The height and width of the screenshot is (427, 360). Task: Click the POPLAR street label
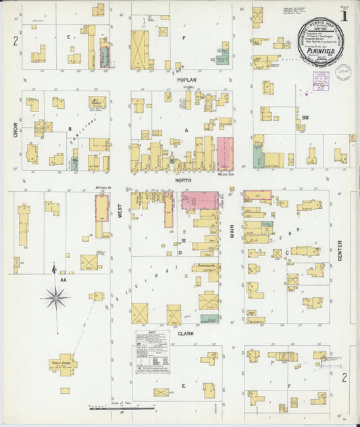click(x=186, y=80)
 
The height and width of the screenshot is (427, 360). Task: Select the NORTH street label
click(x=183, y=180)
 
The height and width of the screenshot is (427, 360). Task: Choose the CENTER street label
click(x=340, y=251)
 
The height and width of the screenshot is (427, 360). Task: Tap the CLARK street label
click(x=186, y=334)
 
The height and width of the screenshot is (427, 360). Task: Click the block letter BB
click(x=305, y=117)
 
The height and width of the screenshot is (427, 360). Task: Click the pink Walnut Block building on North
click(x=224, y=154)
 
